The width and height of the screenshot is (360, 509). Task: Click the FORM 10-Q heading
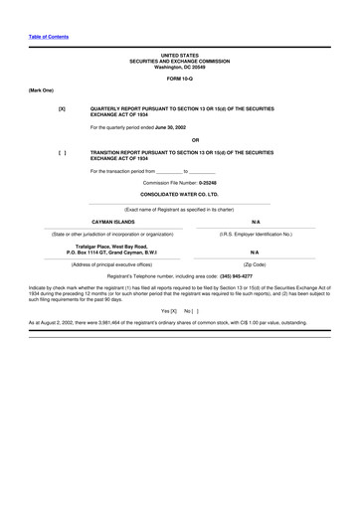click(x=179, y=78)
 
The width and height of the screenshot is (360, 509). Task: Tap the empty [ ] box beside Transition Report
click(x=62, y=152)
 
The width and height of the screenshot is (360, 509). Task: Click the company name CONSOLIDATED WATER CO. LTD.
click(x=179, y=195)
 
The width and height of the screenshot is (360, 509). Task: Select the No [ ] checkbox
click(x=192, y=311)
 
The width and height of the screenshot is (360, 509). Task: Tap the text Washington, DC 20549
click(x=179, y=67)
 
